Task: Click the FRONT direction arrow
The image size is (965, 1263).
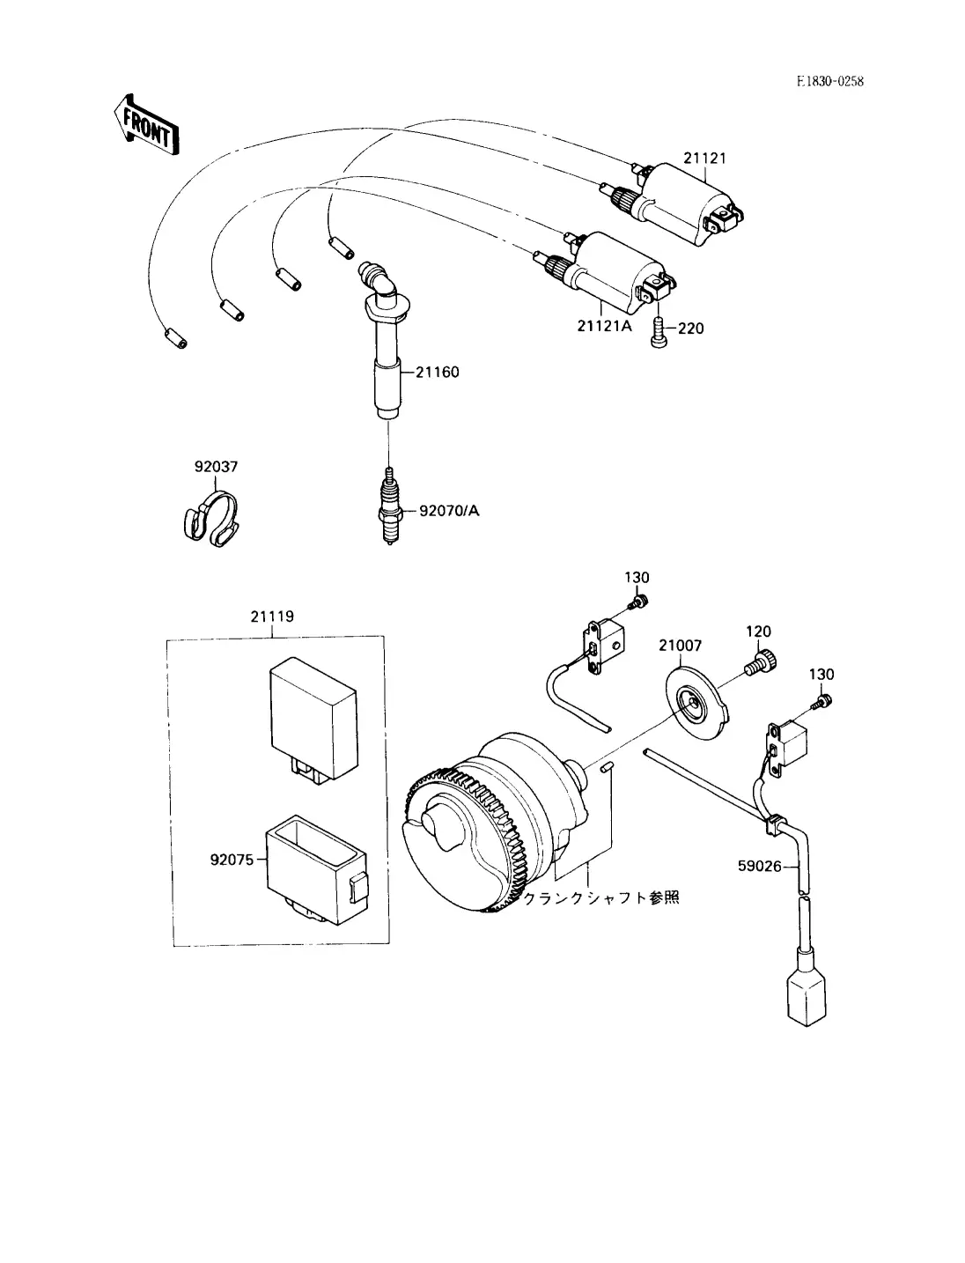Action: click(145, 125)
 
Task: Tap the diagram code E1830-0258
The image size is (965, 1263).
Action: click(830, 81)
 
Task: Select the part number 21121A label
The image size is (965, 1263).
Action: click(604, 326)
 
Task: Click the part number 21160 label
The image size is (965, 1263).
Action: click(437, 373)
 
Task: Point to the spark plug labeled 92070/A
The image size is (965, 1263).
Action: click(389, 506)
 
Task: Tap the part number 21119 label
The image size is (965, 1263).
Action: click(272, 617)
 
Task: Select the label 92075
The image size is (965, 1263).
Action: click(232, 860)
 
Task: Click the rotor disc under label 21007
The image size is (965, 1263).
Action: click(697, 704)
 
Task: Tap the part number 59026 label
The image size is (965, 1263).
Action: click(760, 867)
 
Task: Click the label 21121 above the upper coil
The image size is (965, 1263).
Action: click(704, 159)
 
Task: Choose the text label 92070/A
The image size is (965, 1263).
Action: click(449, 511)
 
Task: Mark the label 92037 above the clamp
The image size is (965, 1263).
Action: click(216, 467)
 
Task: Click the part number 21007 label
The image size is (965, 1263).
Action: click(681, 646)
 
